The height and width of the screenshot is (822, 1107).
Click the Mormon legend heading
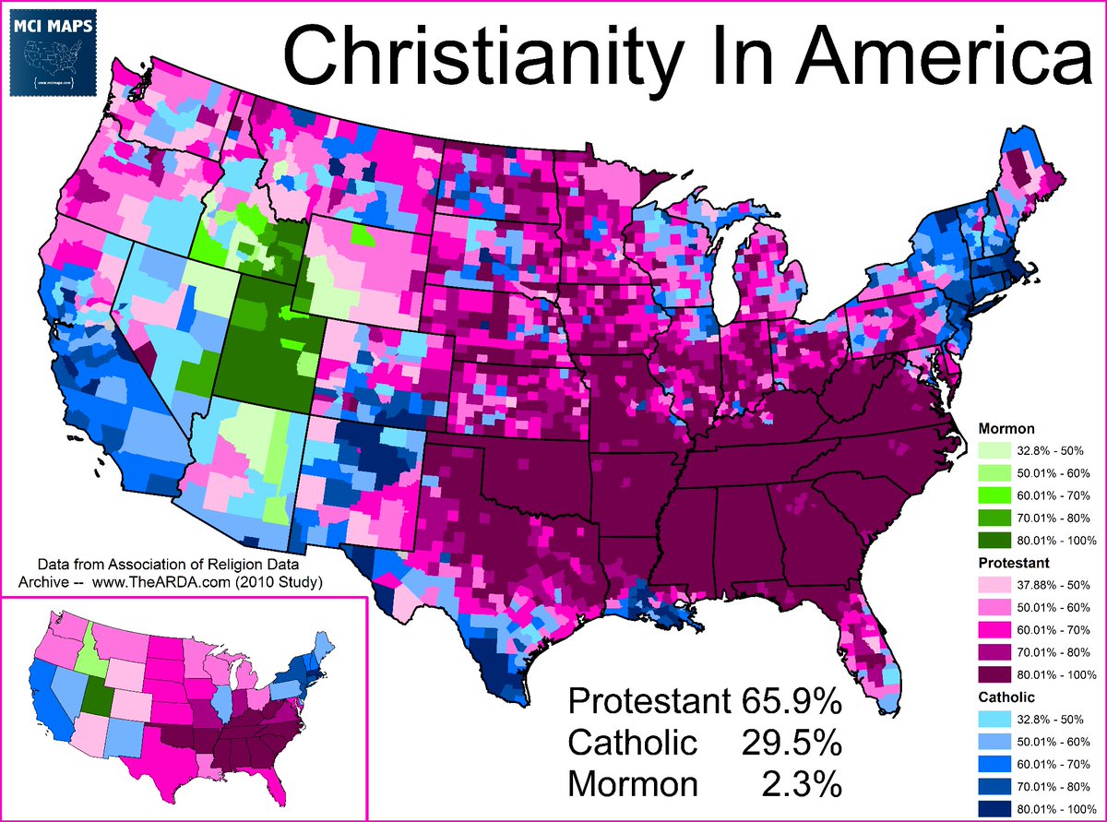tap(1006, 429)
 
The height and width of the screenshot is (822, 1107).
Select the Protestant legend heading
tap(1013, 562)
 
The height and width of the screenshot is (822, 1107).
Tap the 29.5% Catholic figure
tap(791, 742)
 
